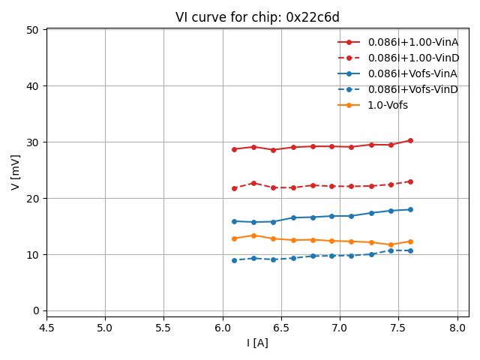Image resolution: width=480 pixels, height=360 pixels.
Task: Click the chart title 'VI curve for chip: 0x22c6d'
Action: tap(257, 17)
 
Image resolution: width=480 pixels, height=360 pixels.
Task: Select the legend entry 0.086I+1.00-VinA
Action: tap(412, 42)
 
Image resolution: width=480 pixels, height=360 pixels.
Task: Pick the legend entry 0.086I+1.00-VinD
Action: tap(412, 58)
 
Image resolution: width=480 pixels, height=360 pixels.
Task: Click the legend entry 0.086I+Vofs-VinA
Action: tap(412, 73)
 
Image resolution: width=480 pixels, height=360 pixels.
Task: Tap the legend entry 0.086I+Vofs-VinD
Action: tap(412, 89)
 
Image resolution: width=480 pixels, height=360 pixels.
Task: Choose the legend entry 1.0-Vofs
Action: tap(387, 105)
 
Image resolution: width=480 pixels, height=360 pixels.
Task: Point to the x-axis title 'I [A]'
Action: tap(257, 343)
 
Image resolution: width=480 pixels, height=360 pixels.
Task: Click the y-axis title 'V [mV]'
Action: tap(16, 172)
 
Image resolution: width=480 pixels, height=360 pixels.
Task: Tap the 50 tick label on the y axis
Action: tap(32, 30)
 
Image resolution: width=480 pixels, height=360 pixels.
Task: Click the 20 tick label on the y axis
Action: tap(32, 199)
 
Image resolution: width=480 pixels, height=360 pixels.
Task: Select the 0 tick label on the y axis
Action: tap(35, 310)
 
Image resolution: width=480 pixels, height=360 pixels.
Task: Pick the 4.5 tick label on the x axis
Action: tap(46, 328)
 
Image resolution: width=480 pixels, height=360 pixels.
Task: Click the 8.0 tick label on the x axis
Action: tap(457, 328)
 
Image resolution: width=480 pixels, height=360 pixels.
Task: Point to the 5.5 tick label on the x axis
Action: tap(163, 328)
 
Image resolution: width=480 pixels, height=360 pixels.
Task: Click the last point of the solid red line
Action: tap(410, 140)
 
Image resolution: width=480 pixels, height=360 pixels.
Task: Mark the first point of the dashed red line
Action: tap(234, 188)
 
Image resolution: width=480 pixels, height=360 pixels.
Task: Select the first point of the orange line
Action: tap(234, 238)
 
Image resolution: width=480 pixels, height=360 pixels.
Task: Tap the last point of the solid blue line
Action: tap(410, 209)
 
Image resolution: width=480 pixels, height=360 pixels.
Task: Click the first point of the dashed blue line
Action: tap(234, 260)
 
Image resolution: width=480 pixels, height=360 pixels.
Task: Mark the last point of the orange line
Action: tap(410, 241)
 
